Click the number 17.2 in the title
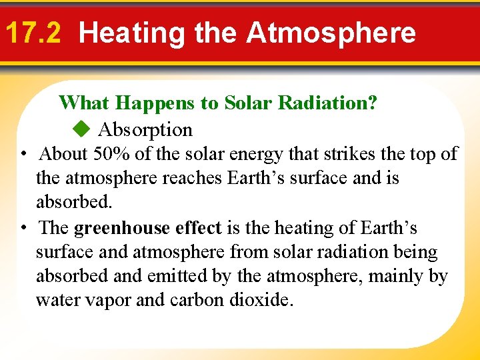tap(32, 33)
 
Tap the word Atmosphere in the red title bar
tap(331, 33)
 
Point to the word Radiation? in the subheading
tap(327, 103)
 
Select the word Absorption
tap(145, 129)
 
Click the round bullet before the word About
tap(23, 155)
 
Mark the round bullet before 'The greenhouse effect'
tap(23, 229)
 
